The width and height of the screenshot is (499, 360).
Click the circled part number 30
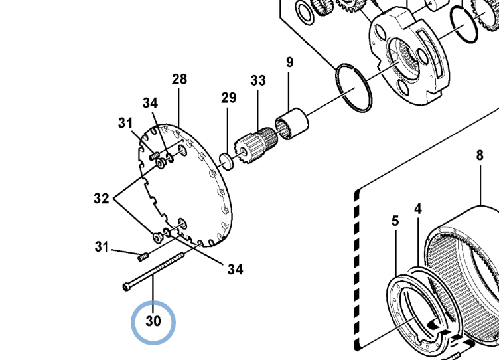[x=153, y=322]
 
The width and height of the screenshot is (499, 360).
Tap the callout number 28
[x=179, y=80]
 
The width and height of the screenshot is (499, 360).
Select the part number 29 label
[x=228, y=98]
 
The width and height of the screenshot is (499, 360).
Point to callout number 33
[x=258, y=81]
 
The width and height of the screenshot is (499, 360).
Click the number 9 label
[x=289, y=63]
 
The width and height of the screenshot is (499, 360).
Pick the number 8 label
[x=480, y=157]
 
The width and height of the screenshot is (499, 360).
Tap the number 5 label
[x=395, y=221]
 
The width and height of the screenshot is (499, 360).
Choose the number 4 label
[x=418, y=209]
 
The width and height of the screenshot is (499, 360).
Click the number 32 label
[x=101, y=198]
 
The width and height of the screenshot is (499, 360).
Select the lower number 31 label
[x=101, y=248]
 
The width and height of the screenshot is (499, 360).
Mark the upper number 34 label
[x=150, y=103]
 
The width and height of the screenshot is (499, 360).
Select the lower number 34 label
[x=235, y=270]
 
